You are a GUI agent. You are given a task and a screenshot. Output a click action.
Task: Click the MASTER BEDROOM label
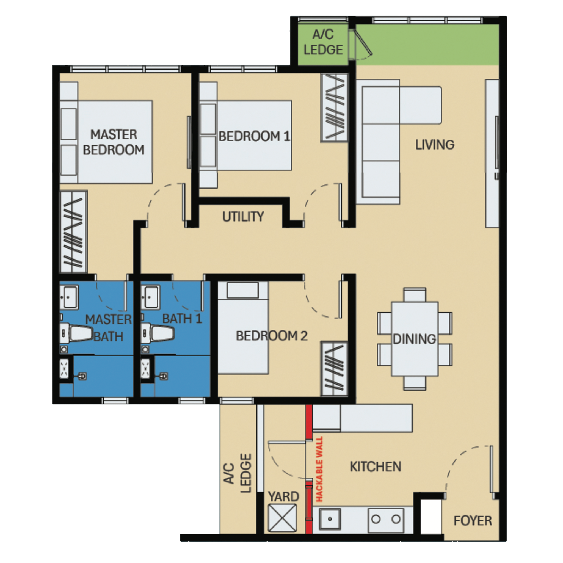point(114,142)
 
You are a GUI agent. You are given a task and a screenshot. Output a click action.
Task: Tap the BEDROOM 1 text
point(254,136)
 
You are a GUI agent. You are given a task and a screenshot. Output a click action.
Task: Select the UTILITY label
point(243,217)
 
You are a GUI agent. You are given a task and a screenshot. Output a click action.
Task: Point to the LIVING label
point(435,145)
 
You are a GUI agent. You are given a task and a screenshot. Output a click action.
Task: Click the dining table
point(414,339)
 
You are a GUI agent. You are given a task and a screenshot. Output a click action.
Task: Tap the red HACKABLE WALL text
point(319,469)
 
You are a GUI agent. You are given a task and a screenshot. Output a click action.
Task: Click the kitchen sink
point(330,519)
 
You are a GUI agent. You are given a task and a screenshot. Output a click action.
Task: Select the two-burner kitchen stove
point(386,519)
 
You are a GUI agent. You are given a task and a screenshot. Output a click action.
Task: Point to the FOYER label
point(472,520)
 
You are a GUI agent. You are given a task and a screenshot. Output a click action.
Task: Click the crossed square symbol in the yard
point(282,518)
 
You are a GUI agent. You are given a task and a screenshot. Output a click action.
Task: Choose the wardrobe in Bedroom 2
point(334,369)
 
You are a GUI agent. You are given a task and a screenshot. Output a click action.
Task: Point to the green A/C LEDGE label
point(323,43)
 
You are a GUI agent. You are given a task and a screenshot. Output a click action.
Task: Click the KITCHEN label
point(375,467)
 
